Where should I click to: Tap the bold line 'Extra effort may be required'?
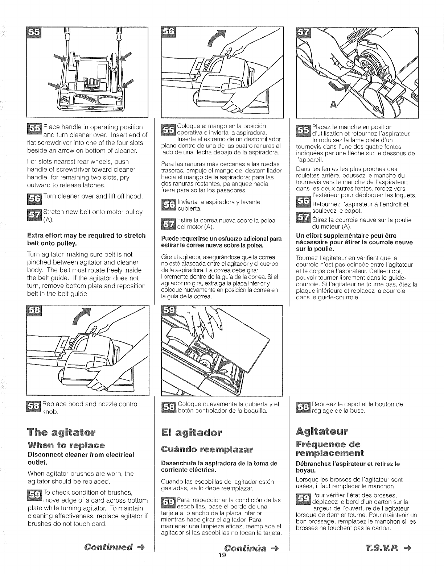click(x=86, y=239)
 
